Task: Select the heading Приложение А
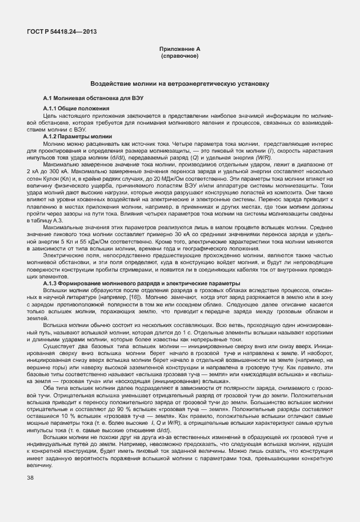179,50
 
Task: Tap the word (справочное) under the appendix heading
179,57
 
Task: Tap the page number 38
30,478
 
